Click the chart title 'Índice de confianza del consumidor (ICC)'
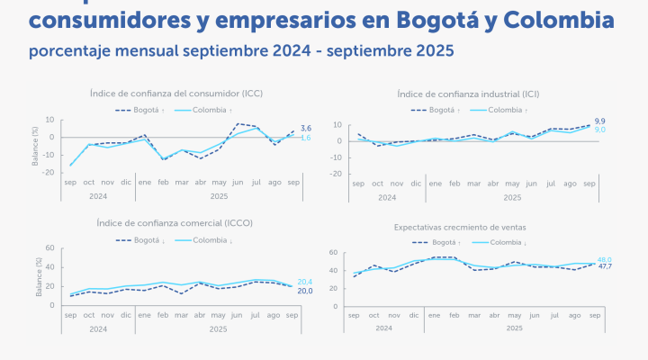pos(176,93)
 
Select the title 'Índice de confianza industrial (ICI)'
pos(468,94)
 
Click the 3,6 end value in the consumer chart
pos(306,129)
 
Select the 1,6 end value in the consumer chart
pos(306,138)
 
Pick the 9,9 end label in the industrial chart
pos(600,121)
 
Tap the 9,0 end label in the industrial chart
pos(600,130)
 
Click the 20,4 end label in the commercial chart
pos(305,281)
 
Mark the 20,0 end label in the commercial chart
pos(305,291)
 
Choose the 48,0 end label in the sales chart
pos(604,258)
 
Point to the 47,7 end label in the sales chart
pos(604,267)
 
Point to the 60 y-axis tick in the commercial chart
pos(50,248)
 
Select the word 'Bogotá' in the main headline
pos(438,19)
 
